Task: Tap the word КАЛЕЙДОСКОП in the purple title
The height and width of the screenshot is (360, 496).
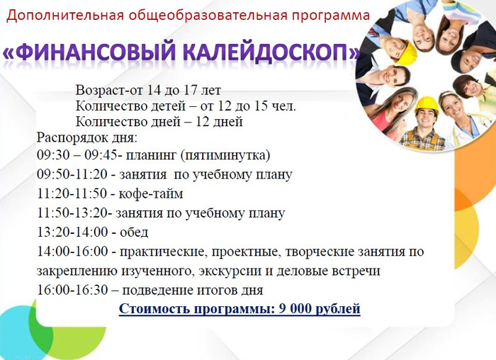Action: (265, 51)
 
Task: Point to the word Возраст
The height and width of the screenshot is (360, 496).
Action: (101, 91)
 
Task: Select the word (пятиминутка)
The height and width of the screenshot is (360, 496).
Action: (225, 156)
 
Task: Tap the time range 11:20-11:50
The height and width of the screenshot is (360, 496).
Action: (72, 193)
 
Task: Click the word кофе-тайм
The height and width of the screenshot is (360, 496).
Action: (150, 193)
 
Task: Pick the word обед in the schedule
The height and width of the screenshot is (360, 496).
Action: (134, 232)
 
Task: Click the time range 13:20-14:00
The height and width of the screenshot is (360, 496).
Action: (72, 232)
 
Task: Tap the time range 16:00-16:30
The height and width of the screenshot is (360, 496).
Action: (72, 290)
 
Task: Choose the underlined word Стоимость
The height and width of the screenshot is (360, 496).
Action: (154, 309)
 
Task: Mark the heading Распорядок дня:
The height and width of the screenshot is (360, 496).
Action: (87, 138)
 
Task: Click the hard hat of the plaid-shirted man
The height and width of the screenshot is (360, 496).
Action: (427, 105)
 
